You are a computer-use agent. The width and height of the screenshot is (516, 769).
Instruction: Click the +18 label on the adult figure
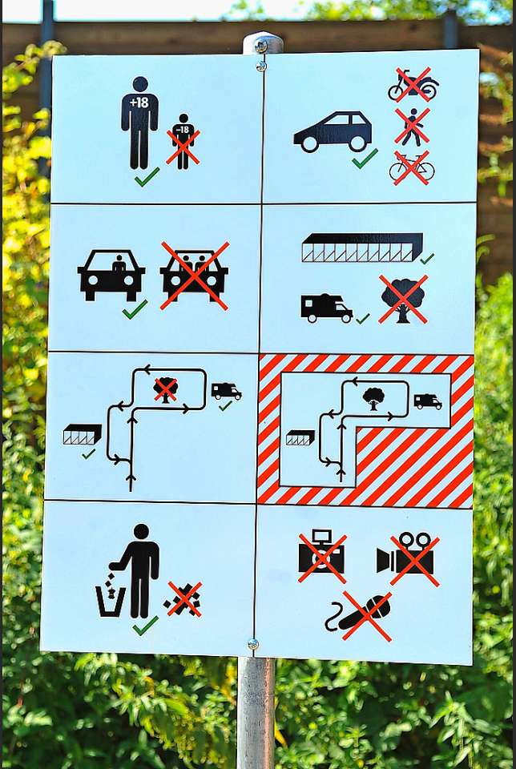click(139, 103)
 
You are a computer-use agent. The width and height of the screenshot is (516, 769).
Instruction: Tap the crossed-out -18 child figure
click(183, 142)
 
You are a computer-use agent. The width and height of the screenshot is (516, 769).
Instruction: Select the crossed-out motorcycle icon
click(413, 85)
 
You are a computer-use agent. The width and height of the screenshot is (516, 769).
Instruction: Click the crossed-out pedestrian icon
click(412, 127)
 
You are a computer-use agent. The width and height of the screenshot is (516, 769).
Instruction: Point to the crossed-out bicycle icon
click(412, 167)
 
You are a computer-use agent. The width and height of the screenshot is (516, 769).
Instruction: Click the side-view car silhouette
click(333, 131)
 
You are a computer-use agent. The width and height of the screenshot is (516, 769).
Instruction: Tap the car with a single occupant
click(111, 275)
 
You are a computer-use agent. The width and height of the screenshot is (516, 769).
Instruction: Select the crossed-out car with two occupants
click(194, 276)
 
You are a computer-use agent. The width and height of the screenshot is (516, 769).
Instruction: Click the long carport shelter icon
click(362, 248)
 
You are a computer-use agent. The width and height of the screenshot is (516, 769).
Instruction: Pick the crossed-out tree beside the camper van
click(403, 299)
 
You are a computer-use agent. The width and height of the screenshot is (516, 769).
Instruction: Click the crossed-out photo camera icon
click(322, 556)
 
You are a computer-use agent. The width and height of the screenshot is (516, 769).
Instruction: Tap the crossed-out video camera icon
click(408, 559)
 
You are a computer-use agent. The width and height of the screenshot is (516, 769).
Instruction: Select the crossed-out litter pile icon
click(183, 599)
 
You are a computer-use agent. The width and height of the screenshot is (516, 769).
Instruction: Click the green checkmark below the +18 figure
click(147, 176)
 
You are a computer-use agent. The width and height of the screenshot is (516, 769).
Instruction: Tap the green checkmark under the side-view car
click(365, 159)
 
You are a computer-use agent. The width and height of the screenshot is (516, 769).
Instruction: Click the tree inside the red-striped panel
click(373, 398)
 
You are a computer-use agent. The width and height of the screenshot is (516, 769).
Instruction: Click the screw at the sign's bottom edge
click(252, 644)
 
